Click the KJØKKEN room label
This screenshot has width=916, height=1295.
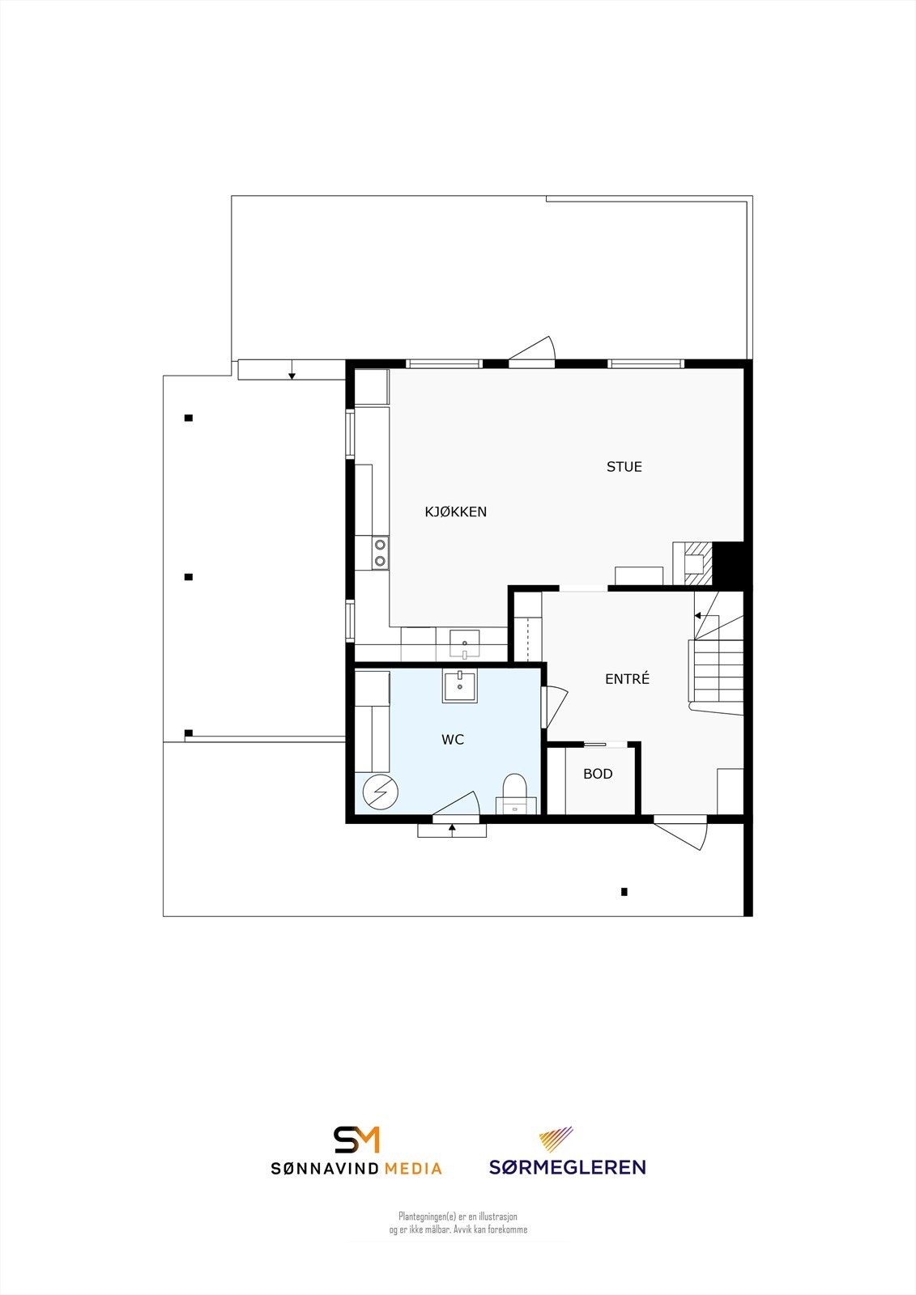point(456,512)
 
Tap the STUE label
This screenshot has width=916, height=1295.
point(624,466)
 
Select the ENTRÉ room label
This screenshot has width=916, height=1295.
point(627,679)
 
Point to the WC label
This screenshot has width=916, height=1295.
point(453,739)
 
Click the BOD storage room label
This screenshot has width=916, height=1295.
point(598,774)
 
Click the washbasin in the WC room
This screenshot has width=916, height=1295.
point(460,686)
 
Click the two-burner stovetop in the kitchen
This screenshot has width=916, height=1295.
point(380,554)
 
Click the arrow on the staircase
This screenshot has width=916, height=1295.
point(697,616)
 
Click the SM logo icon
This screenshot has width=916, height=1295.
point(357,1140)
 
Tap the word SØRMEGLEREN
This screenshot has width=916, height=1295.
point(567,1167)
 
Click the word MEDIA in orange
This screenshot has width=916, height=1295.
point(413,1168)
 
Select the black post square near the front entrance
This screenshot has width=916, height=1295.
point(624,892)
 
